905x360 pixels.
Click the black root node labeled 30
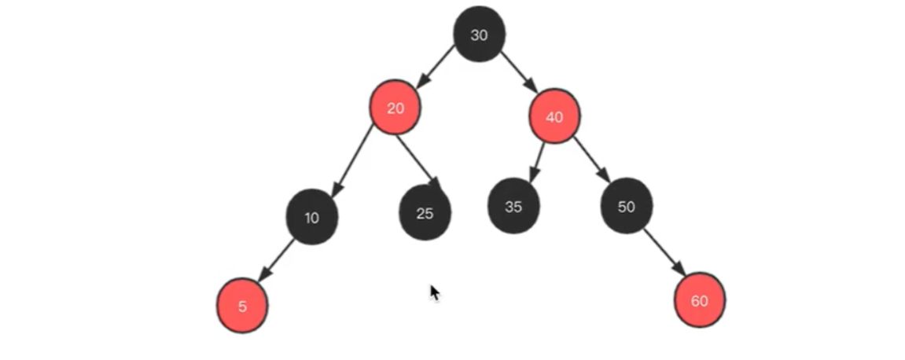pyautogui.click(x=479, y=35)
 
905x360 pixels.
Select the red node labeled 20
pyautogui.click(x=395, y=108)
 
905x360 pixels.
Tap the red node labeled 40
pyautogui.click(x=554, y=117)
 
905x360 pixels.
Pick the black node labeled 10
pyautogui.click(x=312, y=218)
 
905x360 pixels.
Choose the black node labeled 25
pyautogui.click(x=425, y=212)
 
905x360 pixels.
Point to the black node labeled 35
pyautogui.click(x=513, y=207)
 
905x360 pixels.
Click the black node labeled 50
pyautogui.click(x=626, y=207)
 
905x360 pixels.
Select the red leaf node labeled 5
pyautogui.click(x=242, y=307)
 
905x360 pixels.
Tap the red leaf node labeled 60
pyautogui.click(x=700, y=300)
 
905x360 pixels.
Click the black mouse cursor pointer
pyautogui.click(x=434, y=292)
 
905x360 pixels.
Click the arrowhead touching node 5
pyautogui.click(x=263, y=276)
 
